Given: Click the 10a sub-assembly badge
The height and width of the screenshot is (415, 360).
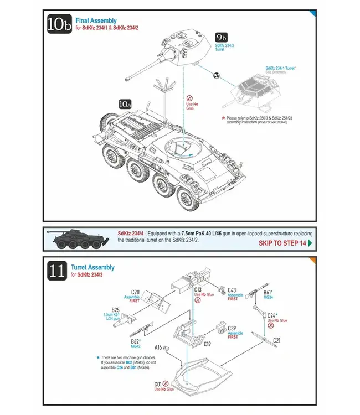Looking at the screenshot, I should tap(125, 103).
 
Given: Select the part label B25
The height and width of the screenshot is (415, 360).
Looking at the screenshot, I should tap(116, 310).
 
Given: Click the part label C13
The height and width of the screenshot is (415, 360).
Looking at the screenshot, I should tap(198, 289).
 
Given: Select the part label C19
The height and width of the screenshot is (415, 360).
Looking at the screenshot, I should tap(207, 344).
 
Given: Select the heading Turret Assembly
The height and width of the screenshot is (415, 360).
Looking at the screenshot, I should tap(93, 267).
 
